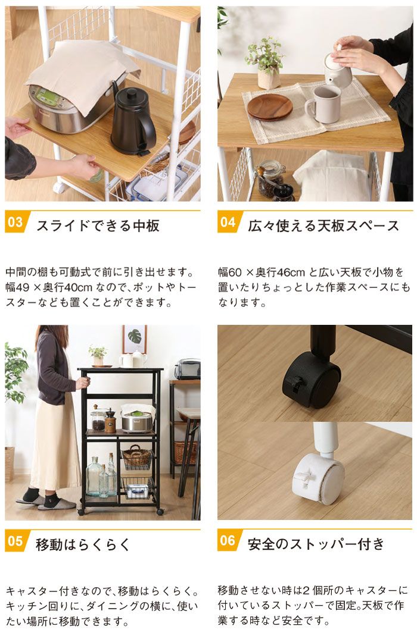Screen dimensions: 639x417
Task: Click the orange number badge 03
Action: coord(16,223)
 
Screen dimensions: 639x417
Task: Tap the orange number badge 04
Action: coord(228,223)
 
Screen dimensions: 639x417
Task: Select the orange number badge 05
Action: coord(16,541)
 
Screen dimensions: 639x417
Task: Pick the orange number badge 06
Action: coord(228,541)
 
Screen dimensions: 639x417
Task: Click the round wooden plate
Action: coord(269,107)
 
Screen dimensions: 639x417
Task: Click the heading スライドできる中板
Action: coord(98,225)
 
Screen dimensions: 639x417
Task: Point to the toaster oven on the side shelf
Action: coord(188,369)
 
